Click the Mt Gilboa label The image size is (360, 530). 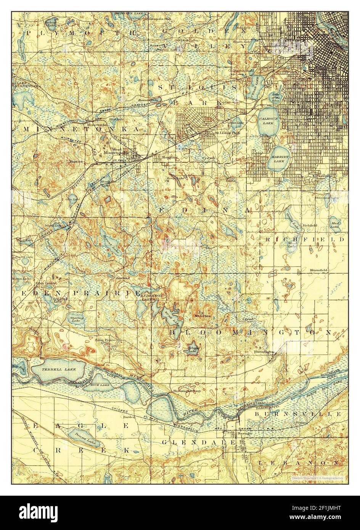(x=202, y=315)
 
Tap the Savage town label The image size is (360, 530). (x=243, y=434)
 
